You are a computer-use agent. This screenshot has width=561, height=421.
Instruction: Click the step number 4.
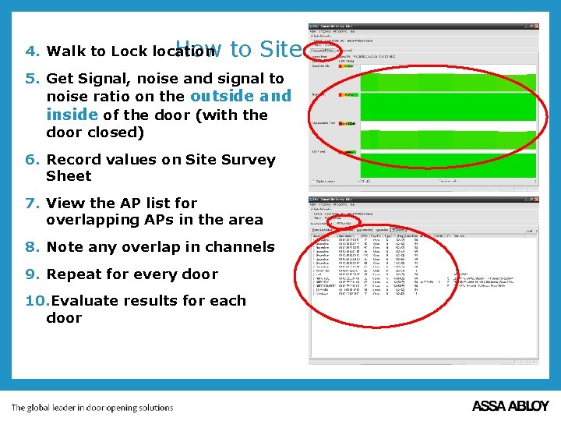point(32,52)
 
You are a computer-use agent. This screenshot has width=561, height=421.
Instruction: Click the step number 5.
point(32,79)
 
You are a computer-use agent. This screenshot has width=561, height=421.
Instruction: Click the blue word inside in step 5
point(72,115)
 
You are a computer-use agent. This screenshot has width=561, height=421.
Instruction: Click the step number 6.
point(32,160)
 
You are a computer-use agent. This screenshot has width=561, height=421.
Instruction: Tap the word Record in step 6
point(75,160)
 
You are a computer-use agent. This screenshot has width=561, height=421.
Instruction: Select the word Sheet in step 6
point(69,177)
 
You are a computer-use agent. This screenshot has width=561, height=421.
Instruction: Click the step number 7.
point(32,203)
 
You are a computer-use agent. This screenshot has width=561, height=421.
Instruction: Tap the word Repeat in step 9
point(74,274)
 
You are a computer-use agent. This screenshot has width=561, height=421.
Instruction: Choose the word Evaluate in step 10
point(86,301)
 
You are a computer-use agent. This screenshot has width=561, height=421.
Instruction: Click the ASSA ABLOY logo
point(510,406)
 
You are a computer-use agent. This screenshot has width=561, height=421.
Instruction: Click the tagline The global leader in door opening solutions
point(92,408)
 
